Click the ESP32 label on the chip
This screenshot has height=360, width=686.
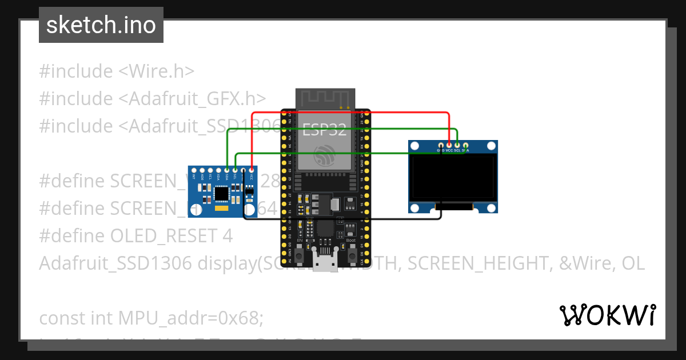coord(324,130)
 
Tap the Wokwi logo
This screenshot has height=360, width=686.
coord(607,315)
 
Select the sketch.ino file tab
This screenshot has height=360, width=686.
coord(101,26)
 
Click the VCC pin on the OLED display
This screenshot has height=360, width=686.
coord(449,146)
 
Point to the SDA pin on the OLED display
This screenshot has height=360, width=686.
coord(465,146)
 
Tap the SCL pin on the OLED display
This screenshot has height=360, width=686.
coord(457,146)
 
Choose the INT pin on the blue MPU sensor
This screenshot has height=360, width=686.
coord(194,170)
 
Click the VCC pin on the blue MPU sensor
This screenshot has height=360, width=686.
coord(251,170)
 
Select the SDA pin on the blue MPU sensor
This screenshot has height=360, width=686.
coord(227,170)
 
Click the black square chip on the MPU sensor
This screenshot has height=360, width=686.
coord(221,194)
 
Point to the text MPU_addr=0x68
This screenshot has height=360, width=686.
coord(190,318)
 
